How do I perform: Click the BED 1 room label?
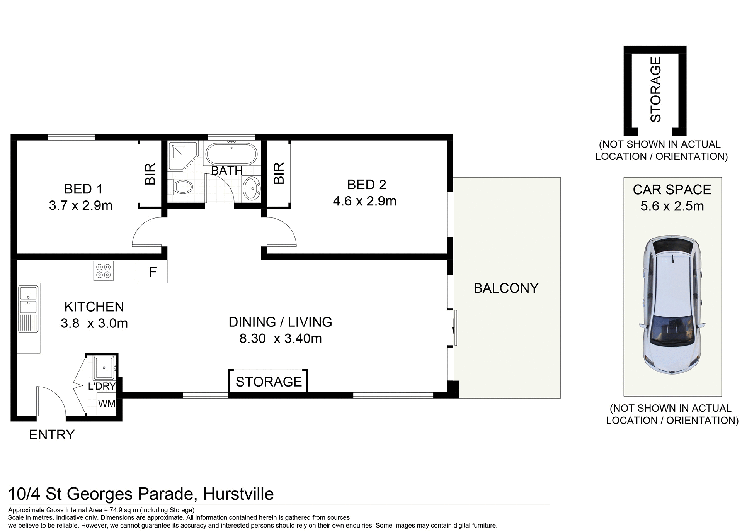(x=83, y=189)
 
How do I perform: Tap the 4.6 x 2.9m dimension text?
(x=364, y=201)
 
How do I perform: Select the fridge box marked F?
(x=152, y=272)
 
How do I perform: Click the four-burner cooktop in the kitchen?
(x=104, y=271)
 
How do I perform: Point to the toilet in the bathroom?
(x=182, y=188)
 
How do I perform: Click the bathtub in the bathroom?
(x=231, y=154)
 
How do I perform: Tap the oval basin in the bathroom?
(x=252, y=188)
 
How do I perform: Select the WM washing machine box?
(x=106, y=404)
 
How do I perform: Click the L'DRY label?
(x=102, y=386)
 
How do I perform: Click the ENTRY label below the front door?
(x=51, y=435)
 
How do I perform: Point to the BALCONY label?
(x=506, y=288)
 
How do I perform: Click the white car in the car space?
(x=672, y=305)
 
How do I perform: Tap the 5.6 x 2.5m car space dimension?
(x=672, y=206)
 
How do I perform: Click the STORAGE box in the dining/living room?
(x=269, y=382)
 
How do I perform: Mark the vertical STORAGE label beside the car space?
(x=655, y=89)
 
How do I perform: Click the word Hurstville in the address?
(x=238, y=494)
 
